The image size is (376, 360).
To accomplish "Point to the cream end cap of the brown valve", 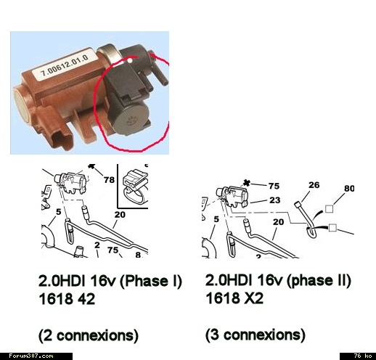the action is [x=22, y=105].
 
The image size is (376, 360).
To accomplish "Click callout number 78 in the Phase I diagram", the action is [x=109, y=180].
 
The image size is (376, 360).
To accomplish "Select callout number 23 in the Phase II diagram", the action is [x=275, y=200].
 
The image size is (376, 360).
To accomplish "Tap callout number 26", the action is [x=314, y=185].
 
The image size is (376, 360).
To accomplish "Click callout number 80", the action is [x=349, y=188].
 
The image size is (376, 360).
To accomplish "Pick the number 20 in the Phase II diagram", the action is [x=278, y=222].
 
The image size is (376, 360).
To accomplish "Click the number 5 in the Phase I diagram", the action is [x=59, y=212].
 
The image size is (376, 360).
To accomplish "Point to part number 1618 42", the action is [x=67, y=299].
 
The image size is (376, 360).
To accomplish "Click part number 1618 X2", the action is [x=234, y=298].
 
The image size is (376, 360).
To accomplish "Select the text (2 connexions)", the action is [x=89, y=335].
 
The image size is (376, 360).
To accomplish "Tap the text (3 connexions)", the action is [x=256, y=335].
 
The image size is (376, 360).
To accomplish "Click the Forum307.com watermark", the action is [x=31, y=356].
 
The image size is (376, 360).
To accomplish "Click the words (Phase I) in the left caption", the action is [x=150, y=281].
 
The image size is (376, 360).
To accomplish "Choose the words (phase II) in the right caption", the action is [x=319, y=280].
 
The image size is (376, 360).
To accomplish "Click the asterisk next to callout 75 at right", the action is [x=246, y=183].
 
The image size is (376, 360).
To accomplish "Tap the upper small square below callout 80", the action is [x=329, y=208].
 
